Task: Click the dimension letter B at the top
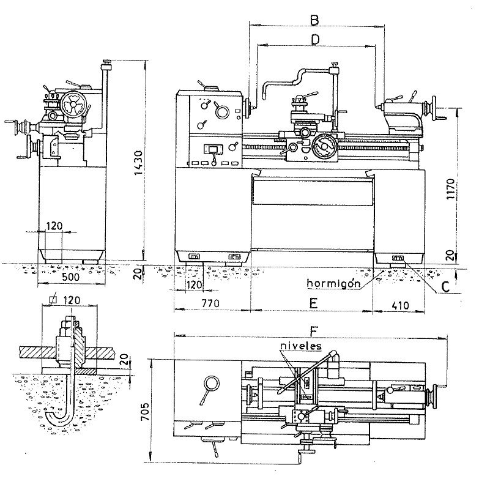point(314,20)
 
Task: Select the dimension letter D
point(315,39)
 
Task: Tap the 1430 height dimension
point(138,163)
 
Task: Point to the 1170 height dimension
point(450,190)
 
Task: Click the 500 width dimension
point(70,277)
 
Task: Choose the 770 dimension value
point(210,303)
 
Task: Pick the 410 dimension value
point(399,305)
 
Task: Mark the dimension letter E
point(313,303)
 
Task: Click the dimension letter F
point(314,332)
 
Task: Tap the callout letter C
point(446,287)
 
